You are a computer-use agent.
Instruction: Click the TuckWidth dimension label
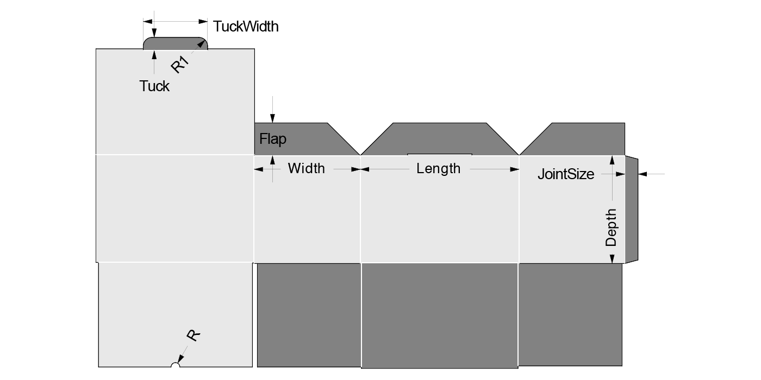click(x=246, y=26)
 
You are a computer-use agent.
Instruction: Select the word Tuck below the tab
click(x=154, y=86)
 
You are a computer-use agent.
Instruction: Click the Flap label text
click(x=272, y=139)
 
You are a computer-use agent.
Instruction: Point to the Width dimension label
click(x=306, y=168)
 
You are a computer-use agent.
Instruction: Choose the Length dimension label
click(x=438, y=168)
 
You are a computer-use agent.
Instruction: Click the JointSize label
click(x=565, y=174)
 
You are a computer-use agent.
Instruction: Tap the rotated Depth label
click(x=612, y=227)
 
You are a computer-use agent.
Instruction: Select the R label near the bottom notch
click(x=192, y=335)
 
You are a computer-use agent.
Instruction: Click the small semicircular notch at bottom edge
click(x=175, y=365)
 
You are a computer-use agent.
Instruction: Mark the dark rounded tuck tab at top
click(x=175, y=43)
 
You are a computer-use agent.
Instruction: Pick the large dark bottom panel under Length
click(x=439, y=315)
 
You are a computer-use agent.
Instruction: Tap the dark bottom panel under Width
click(x=308, y=315)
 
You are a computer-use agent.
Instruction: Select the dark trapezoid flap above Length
click(x=439, y=138)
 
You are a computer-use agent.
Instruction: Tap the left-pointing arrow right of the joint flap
click(x=642, y=174)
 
